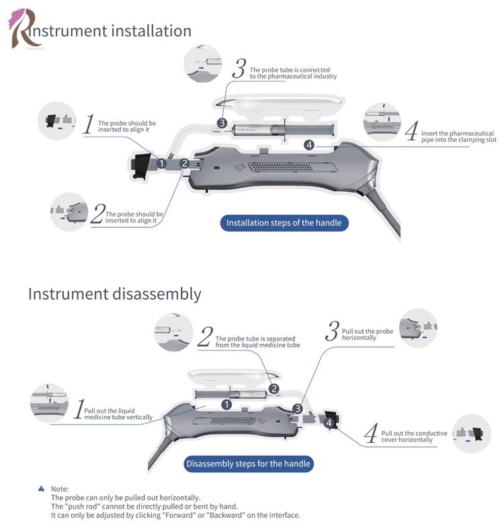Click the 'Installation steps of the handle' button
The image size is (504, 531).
(x=284, y=223)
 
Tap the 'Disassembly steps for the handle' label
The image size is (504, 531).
(x=248, y=464)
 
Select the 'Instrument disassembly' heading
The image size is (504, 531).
(x=114, y=294)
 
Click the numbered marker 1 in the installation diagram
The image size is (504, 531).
(x=161, y=164)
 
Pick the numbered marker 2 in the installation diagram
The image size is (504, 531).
(x=184, y=164)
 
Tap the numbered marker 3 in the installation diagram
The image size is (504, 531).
(x=222, y=123)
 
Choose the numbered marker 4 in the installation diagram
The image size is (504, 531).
(x=309, y=145)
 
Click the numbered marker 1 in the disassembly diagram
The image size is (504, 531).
(x=226, y=404)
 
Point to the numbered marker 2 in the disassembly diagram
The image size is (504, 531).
(x=274, y=388)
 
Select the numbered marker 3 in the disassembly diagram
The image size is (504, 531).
(x=298, y=409)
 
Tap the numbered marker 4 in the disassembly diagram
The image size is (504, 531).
(x=328, y=422)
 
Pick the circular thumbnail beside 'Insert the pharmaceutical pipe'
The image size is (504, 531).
(x=382, y=122)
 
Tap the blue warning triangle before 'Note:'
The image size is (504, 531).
(x=42, y=489)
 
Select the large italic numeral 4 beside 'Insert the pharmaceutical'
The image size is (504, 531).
(x=411, y=131)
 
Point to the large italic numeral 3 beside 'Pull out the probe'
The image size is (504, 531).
(x=332, y=331)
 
